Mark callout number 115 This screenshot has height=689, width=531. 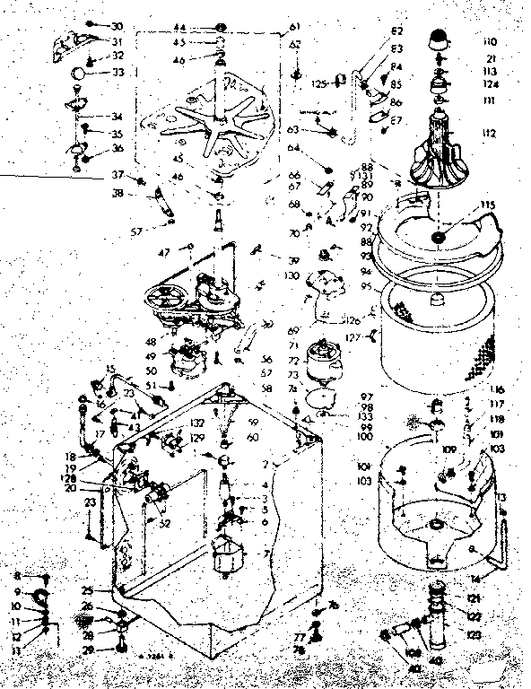(x=488, y=206)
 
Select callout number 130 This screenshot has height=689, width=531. (x=290, y=278)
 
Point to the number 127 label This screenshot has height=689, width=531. (x=353, y=338)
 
